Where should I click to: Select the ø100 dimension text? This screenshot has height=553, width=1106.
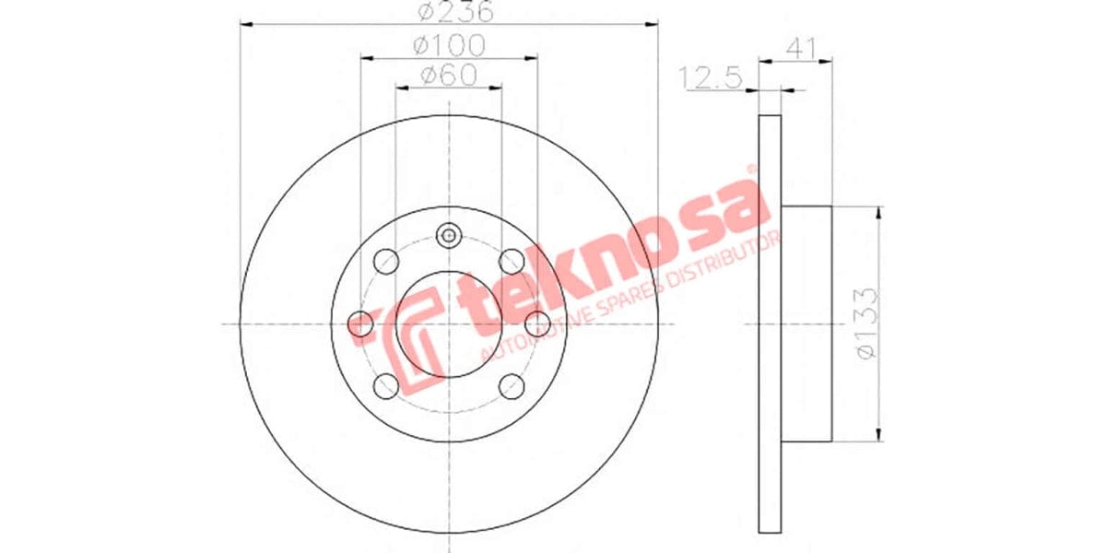[449, 44]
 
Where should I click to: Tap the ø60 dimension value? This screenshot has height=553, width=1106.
[449, 76]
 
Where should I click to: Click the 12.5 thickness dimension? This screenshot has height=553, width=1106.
[711, 78]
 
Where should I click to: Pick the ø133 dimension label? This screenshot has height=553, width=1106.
[865, 323]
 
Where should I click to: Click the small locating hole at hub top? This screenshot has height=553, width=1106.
[449, 235]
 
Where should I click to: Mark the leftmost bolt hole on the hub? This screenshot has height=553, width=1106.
[360, 324]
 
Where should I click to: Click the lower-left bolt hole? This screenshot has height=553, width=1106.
[387, 387]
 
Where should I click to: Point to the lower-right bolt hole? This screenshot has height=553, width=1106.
[511, 387]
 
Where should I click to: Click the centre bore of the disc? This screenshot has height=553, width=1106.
[449, 324]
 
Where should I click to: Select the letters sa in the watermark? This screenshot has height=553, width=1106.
[728, 203]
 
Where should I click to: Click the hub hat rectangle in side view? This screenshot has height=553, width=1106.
[806, 324]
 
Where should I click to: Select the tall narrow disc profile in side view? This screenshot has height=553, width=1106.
[770, 324]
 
